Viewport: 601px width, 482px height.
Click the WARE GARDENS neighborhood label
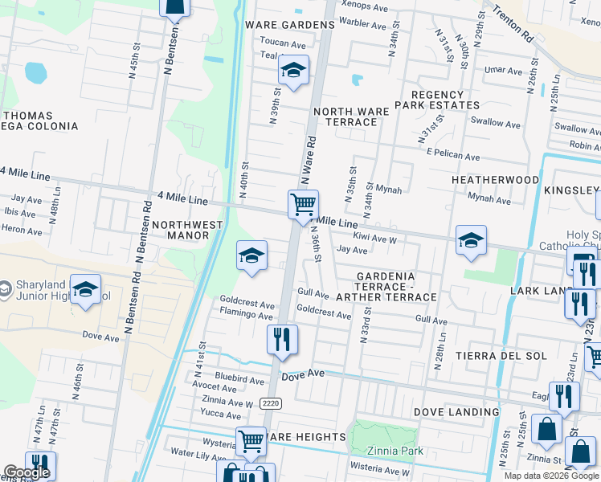coord(290,25)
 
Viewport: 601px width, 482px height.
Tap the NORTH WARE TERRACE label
coord(345,116)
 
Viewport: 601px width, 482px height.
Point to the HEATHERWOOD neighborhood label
coord(495,180)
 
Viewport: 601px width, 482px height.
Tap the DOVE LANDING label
coord(456,412)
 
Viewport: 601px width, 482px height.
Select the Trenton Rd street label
coord(513,25)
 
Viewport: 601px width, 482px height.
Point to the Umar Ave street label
coord(503,71)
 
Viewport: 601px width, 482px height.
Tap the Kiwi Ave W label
coord(375,239)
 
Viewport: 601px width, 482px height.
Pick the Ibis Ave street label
coord(20,214)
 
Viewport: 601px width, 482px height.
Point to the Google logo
coord(27,472)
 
